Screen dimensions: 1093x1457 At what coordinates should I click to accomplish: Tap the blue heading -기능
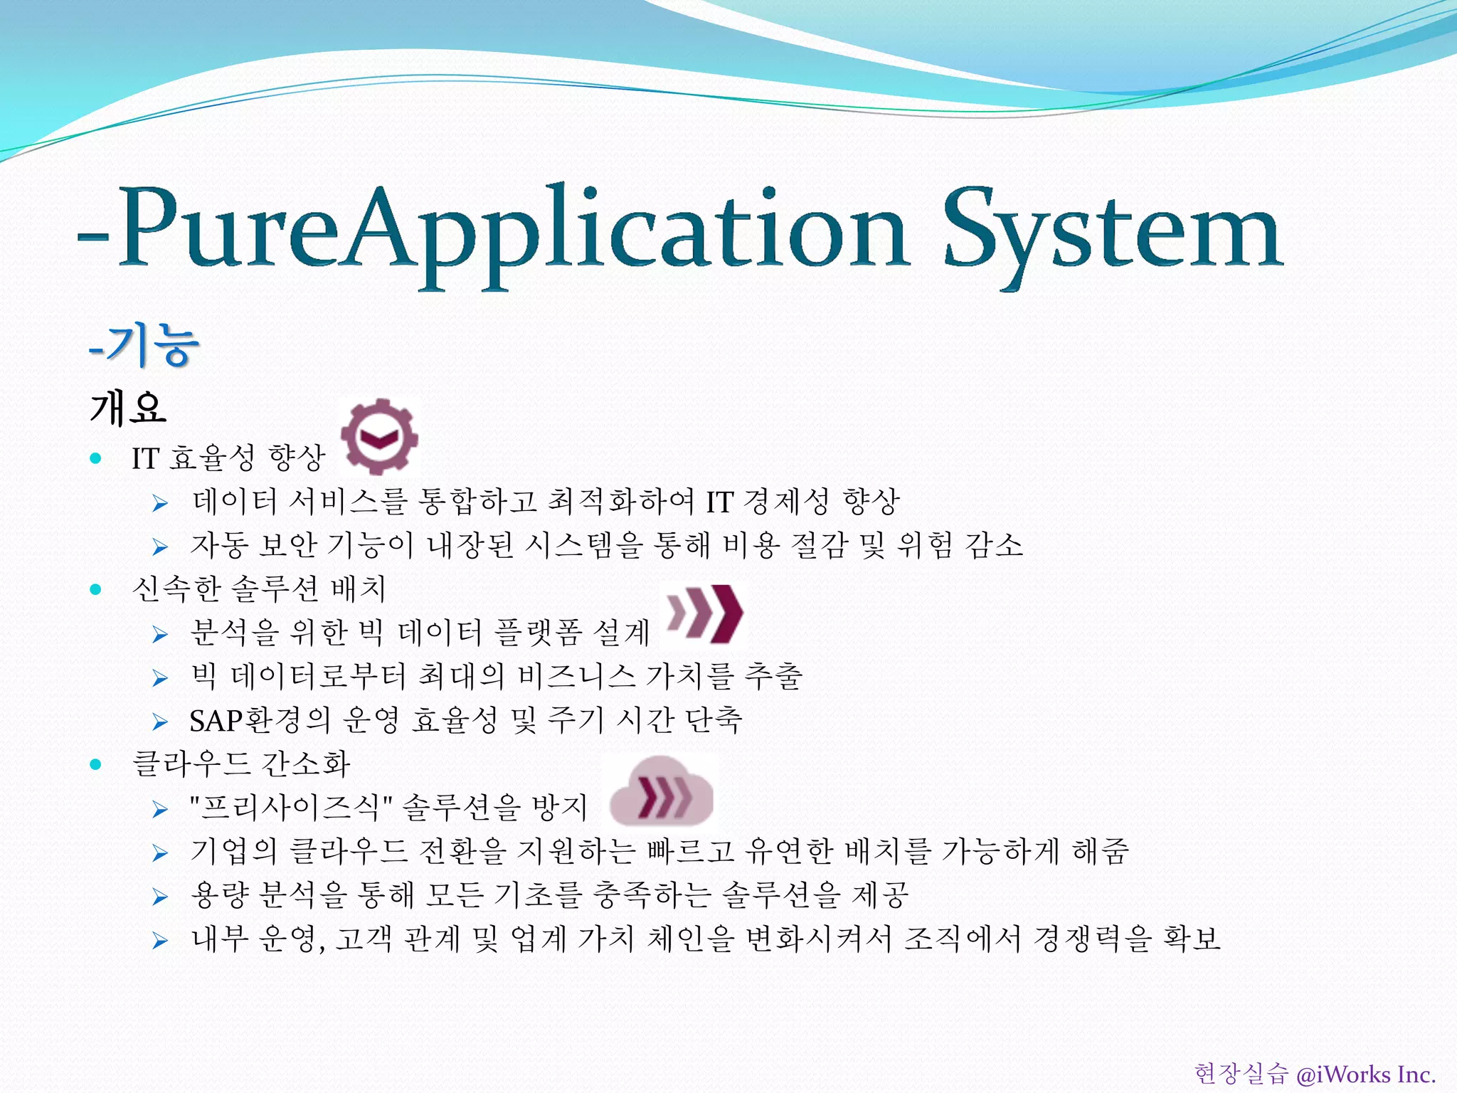144,345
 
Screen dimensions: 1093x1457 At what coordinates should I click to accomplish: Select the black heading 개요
128,408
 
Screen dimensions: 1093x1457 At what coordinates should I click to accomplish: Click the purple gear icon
379,436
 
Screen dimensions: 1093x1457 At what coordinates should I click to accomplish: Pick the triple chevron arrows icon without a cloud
704,613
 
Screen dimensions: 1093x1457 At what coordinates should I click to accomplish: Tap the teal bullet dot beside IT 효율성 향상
96,458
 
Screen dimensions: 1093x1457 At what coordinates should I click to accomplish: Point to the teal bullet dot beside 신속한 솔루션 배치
96,589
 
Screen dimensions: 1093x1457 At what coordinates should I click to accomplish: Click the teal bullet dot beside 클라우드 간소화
96,765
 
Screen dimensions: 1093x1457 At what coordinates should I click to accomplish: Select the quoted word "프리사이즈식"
291,808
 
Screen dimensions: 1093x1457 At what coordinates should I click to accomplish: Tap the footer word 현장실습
1241,1074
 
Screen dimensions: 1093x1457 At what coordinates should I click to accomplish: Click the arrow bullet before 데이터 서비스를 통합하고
160,504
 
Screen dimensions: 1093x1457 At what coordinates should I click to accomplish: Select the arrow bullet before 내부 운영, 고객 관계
160,941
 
